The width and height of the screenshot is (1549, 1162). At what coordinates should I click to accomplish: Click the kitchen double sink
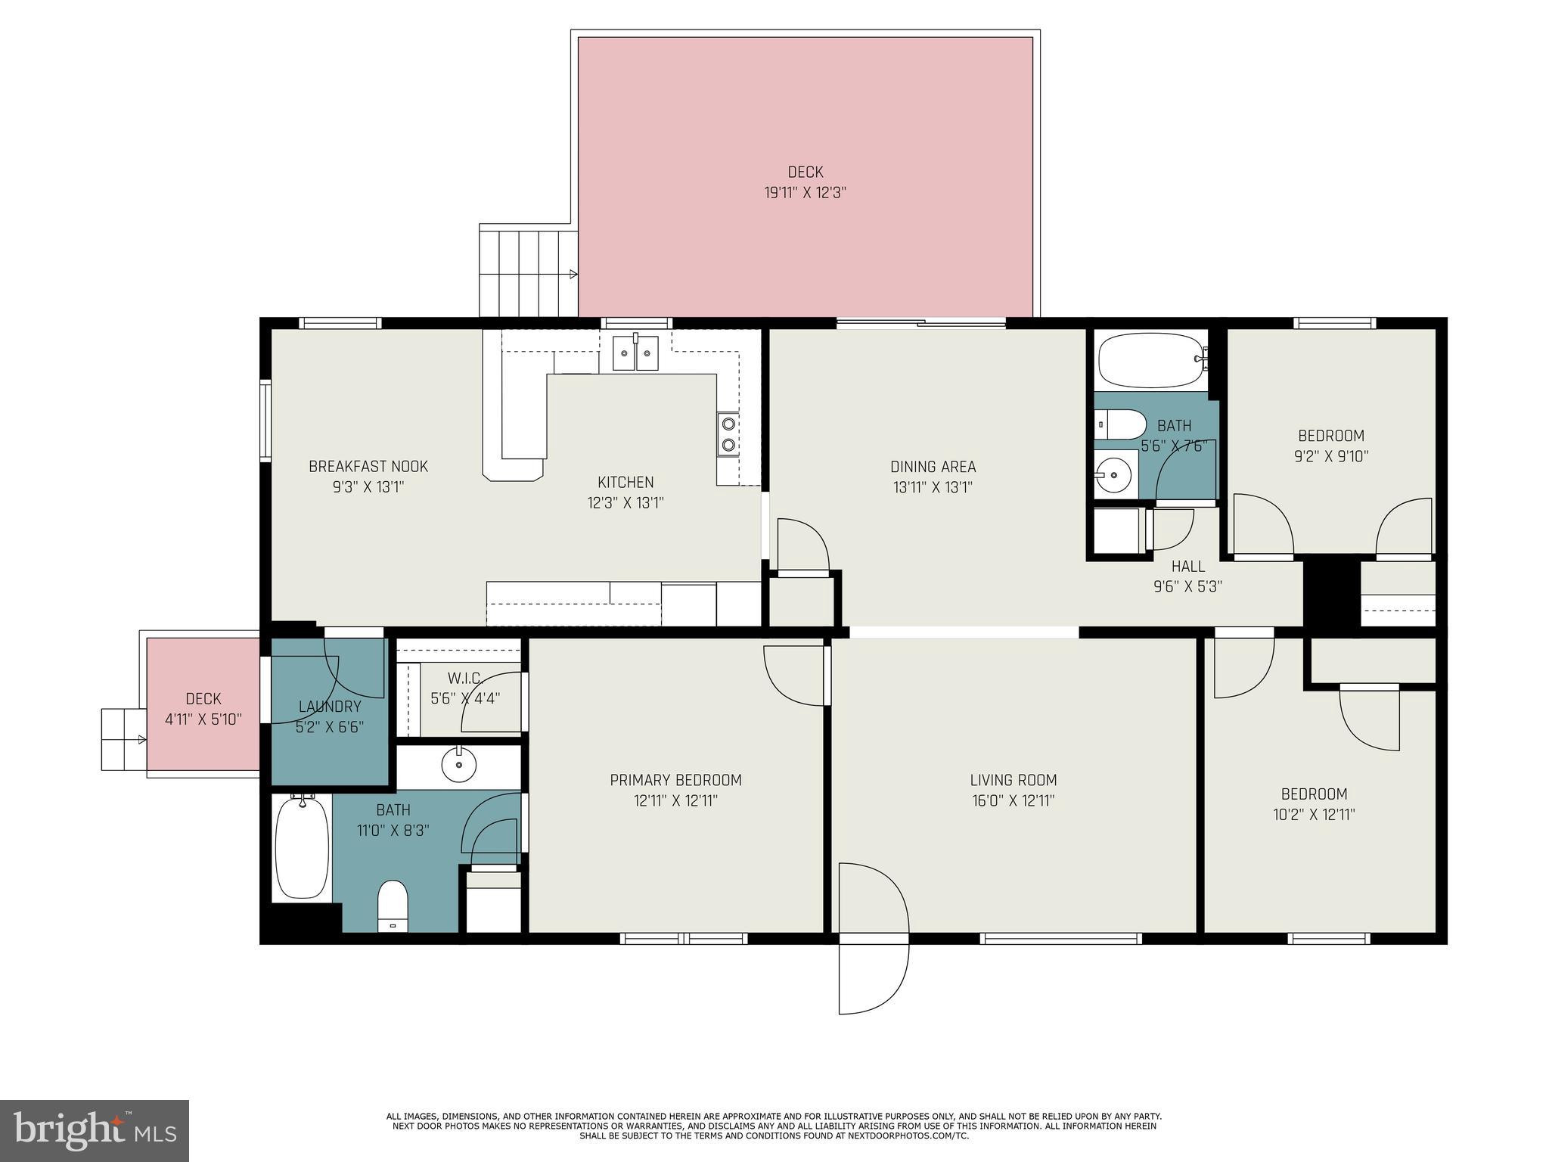click(x=635, y=353)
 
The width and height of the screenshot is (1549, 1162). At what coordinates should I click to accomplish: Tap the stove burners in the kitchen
click(x=728, y=434)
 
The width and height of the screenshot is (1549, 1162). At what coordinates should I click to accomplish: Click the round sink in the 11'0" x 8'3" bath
click(x=458, y=766)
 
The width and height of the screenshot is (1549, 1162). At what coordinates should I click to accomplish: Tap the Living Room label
click(x=1013, y=780)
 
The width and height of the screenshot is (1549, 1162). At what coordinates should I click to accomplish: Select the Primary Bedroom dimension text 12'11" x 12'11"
click(x=675, y=800)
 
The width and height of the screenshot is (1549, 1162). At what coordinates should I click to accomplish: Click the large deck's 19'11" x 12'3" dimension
click(x=805, y=192)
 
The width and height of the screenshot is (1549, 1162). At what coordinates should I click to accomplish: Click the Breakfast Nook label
click(x=368, y=466)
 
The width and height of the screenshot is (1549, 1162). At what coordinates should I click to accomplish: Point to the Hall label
click(x=1187, y=566)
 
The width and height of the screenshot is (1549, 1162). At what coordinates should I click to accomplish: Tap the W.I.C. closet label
click(x=465, y=678)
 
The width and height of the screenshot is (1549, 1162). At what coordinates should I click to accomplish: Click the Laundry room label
click(x=330, y=707)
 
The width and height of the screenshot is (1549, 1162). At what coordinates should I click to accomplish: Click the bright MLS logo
click(x=95, y=1131)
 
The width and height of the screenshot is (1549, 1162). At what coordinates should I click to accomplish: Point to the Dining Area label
click(x=933, y=467)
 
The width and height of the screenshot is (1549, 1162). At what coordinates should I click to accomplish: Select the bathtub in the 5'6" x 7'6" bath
click(x=1149, y=361)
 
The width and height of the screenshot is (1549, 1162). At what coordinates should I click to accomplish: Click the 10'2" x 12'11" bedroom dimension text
click(x=1314, y=815)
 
